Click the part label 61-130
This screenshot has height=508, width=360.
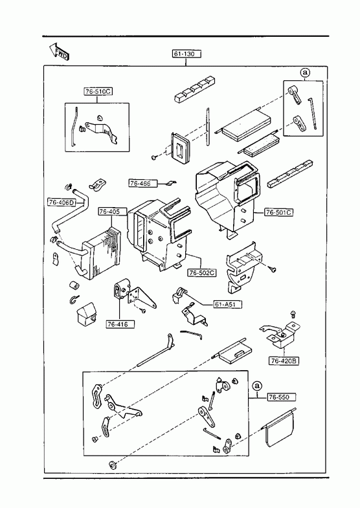click(x=186, y=54)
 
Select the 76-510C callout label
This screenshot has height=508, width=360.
click(x=98, y=92)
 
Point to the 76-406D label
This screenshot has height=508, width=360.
click(x=62, y=203)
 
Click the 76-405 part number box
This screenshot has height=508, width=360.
click(x=109, y=212)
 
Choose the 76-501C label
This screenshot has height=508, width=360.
click(x=279, y=212)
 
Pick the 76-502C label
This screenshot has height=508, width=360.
click(x=202, y=273)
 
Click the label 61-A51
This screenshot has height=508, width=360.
click(x=227, y=305)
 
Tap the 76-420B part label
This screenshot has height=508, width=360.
click(x=284, y=361)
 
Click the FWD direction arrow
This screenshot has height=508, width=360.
click(x=60, y=52)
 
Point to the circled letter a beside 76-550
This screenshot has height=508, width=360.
click(x=257, y=386)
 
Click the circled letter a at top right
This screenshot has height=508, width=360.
click(x=304, y=72)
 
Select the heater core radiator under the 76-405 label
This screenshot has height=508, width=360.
click(x=100, y=252)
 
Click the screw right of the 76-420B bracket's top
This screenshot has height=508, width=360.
click(x=293, y=314)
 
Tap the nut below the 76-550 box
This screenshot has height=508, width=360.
click(x=113, y=465)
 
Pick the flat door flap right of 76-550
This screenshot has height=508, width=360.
click(x=279, y=429)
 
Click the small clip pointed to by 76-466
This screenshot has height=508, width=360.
click(x=170, y=183)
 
